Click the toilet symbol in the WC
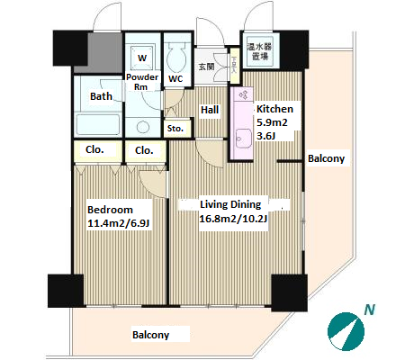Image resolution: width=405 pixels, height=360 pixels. click(x=177, y=57)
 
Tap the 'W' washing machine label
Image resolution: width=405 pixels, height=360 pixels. click(x=142, y=58)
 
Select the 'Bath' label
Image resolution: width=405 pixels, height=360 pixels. click(x=101, y=96)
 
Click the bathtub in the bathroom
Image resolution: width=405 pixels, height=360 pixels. click(x=98, y=124)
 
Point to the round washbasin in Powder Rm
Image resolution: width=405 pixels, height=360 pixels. click(x=143, y=127)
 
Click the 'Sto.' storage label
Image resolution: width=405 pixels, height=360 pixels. click(x=175, y=129)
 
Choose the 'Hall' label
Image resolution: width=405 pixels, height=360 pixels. click(x=210, y=110)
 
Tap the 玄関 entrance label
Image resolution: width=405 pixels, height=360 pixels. click(x=206, y=67)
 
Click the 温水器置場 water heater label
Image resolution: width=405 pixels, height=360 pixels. click(x=259, y=51)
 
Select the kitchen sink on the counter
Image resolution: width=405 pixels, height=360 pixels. click(x=243, y=139)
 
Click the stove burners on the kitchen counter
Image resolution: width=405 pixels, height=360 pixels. click(x=243, y=95)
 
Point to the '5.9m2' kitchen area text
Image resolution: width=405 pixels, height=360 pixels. click(x=272, y=122)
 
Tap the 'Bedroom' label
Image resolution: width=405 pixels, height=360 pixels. click(x=110, y=210)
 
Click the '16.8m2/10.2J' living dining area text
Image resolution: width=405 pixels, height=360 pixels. click(x=233, y=219)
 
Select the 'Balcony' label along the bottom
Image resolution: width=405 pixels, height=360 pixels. click(x=151, y=335)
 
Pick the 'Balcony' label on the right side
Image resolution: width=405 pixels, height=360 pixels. click(x=327, y=158)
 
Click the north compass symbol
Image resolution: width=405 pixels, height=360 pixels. click(x=346, y=331)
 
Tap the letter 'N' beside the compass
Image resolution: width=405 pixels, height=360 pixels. click(x=370, y=310)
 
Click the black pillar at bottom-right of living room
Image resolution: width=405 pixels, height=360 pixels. click(x=290, y=292)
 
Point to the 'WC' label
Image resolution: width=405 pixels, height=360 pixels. click(x=175, y=79)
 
